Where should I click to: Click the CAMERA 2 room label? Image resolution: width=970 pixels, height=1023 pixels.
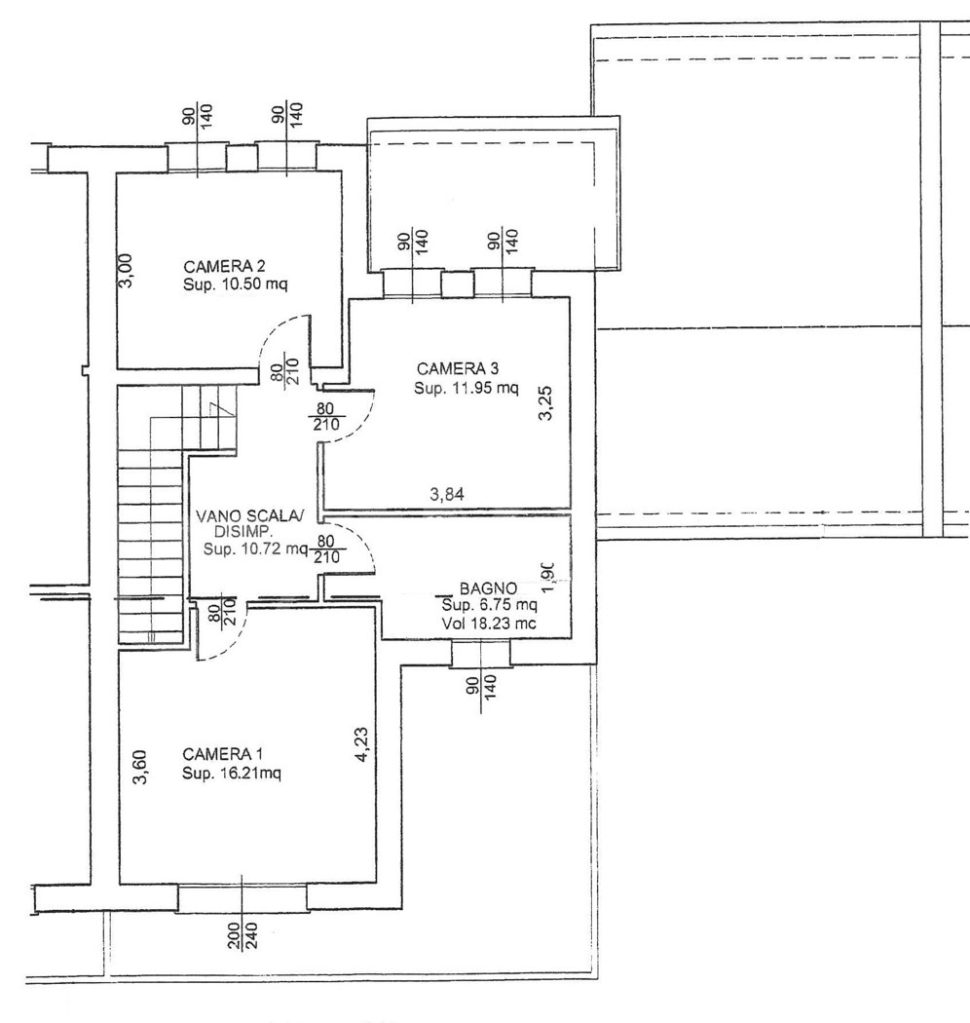click(224, 267)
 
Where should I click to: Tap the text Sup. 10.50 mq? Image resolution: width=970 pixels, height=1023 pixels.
click(235, 285)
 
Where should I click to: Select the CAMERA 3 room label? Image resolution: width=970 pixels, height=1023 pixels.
click(458, 369)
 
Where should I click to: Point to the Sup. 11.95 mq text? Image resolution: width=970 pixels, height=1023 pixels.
click(466, 388)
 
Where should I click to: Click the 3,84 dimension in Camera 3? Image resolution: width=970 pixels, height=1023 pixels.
click(447, 495)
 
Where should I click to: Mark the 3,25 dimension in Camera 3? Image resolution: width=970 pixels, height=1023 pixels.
click(546, 403)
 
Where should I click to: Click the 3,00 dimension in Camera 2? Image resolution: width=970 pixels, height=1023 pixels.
click(127, 270)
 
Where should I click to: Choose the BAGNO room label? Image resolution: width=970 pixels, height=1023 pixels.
click(489, 588)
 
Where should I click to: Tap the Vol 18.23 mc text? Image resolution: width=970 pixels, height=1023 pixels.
click(489, 624)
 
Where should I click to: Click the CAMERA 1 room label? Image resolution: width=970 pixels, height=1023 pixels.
click(222, 755)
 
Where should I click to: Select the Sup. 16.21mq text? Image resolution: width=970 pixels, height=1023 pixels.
click(232, 774)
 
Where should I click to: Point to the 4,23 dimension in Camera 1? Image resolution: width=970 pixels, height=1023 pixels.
click(362, 744)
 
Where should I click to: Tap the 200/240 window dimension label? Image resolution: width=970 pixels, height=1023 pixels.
click(242, 935)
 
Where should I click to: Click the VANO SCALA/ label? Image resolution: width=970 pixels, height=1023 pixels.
click(250, 516)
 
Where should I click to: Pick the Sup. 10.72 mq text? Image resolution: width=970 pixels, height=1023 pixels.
click(255, 549)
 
